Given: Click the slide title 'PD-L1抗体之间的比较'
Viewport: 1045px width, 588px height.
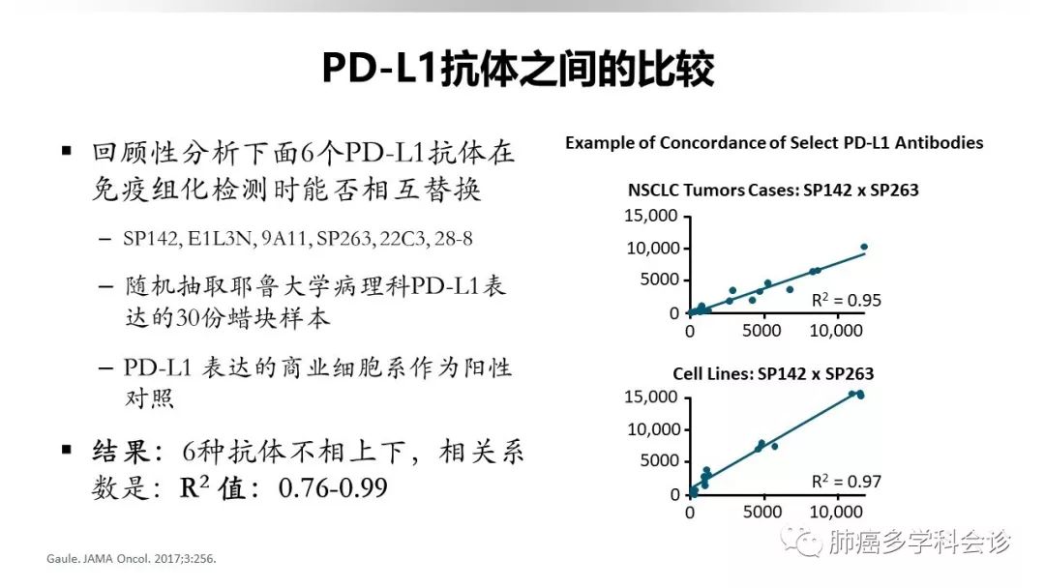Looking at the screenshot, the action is pos(518,68).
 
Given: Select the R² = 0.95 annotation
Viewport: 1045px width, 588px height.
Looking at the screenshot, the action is pos(846,301).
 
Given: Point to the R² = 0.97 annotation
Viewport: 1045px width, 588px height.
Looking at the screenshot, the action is pos(846,481).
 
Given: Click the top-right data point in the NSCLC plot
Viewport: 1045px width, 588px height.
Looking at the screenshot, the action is pos(864,247).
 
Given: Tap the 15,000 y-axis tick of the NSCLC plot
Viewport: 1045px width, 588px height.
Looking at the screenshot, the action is pos(650,216).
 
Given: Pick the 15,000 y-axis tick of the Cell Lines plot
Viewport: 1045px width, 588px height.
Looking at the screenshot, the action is pos(650,397).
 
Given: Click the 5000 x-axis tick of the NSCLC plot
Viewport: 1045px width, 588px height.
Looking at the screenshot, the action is pos(761,331).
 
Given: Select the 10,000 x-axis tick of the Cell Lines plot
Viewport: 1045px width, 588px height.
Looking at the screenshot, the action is pos(836,512).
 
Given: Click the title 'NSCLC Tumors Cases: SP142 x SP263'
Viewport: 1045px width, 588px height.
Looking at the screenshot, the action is pos(773,191).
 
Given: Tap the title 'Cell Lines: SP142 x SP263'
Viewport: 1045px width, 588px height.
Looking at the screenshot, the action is pos(773,373).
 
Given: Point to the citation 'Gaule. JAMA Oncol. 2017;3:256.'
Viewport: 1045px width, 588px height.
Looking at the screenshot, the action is pos(132,559).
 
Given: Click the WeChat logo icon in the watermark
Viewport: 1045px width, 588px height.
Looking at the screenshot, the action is pos(802,541).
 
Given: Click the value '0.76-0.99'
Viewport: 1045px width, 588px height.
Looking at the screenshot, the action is pos(333,488).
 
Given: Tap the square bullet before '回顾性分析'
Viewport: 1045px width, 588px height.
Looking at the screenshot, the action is pos(66,151).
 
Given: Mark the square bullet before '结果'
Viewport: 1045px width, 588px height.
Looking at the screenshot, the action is pos(66,450).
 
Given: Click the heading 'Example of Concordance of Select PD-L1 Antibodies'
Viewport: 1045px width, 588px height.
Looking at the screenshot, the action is pos(774,142).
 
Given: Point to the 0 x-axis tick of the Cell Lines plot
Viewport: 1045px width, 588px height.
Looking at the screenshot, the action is pos(690,513).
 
